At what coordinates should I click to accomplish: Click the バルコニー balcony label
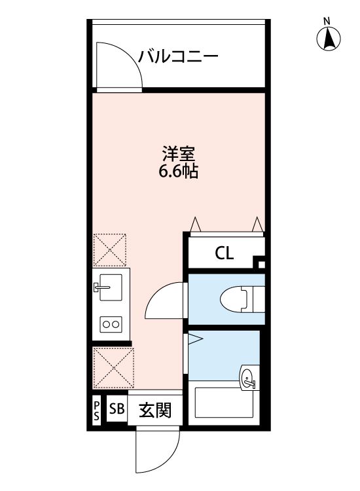pyautogui.click(x=177, y=57)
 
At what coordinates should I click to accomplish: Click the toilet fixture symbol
pyautogui.click(x=236, y=299)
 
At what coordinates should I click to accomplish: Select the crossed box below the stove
pyautogui.click(x=113, y=369)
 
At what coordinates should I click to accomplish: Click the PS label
pyautogui.click(x=96, y=411)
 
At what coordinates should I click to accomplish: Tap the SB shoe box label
pyautogui.click(x=116, y=410)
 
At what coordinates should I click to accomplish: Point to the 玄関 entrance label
pyautogui.click(x=155, y=411)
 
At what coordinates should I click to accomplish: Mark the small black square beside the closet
pyautogui.click(x=261, y=264)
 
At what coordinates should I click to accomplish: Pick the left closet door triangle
pyautogui.click(x=195, y=225)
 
